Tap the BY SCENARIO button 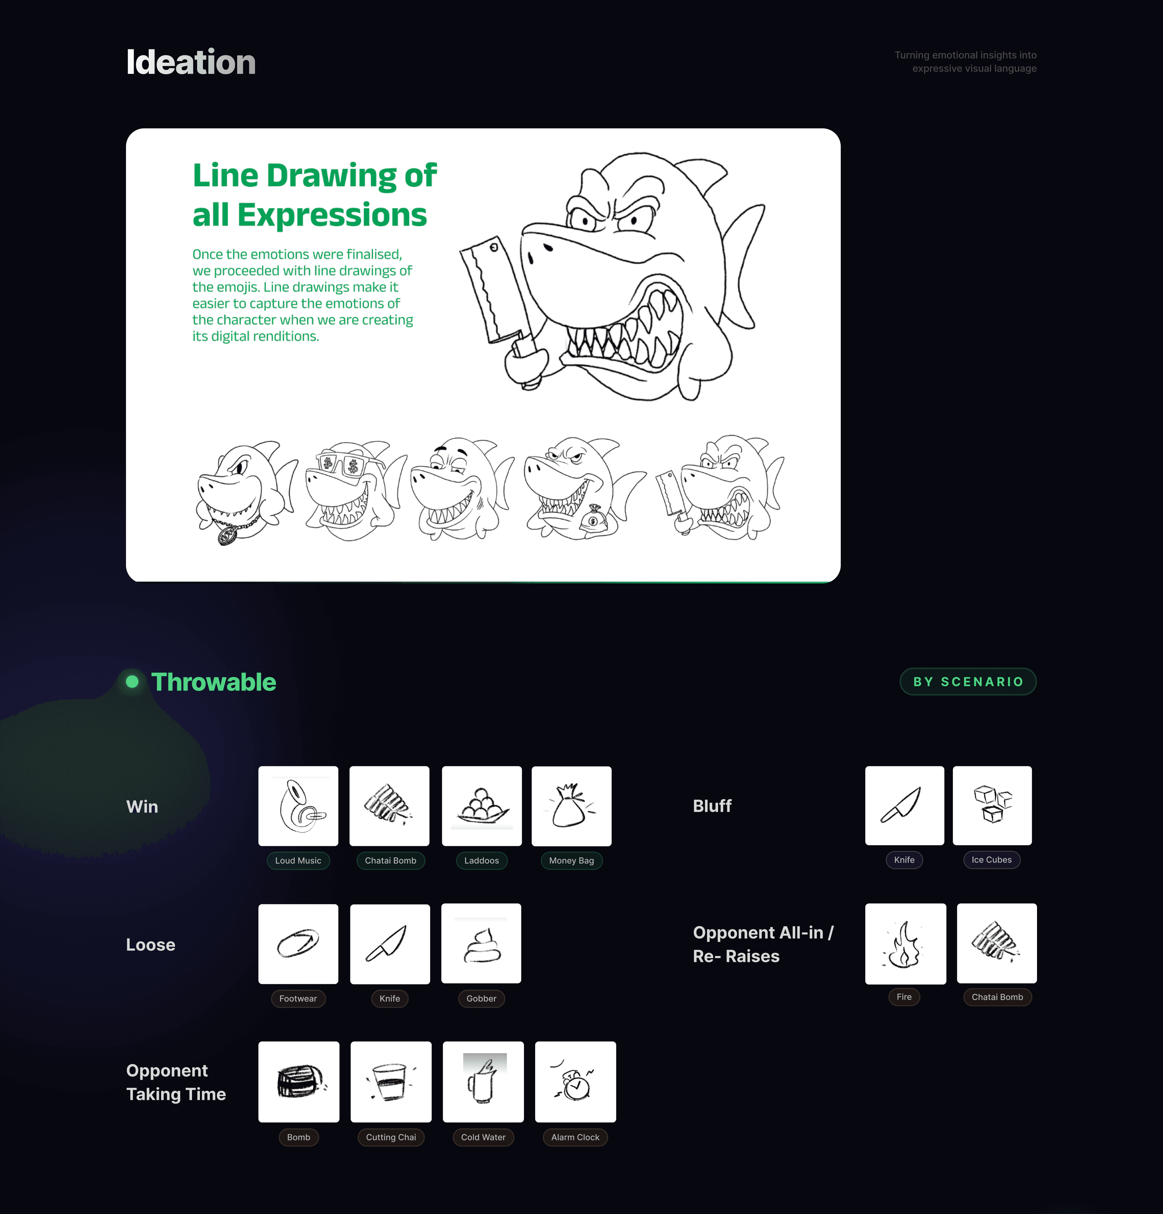click(968, 681)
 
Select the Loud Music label click(298, 860)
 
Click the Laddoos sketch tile click(482, 806)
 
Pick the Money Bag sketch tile click(571, 806)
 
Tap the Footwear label click(298, 998)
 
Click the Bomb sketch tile click(299, 1081)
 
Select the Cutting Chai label click(391, 1137)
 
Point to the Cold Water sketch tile click(483, 1081)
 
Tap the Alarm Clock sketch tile click(576, 1081)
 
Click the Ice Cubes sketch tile click(992, 805)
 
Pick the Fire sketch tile click(905, 943)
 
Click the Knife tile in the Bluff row click(905, 805)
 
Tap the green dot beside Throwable click(132, 681)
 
